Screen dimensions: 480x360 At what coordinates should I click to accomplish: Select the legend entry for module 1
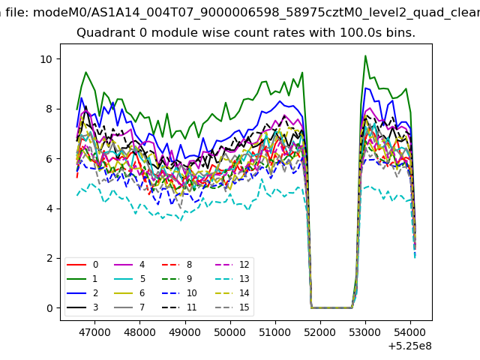82,279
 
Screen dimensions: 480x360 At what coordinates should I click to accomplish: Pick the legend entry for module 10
179,293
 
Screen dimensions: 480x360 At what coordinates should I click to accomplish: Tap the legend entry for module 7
130,307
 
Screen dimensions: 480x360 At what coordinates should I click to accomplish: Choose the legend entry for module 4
130,265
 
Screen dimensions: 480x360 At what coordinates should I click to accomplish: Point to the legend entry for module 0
82,265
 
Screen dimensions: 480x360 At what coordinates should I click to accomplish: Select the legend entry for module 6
130,293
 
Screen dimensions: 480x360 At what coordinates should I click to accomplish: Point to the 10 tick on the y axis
61,59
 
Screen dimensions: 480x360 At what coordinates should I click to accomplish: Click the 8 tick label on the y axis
49,109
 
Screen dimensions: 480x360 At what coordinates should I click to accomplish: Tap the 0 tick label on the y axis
49,308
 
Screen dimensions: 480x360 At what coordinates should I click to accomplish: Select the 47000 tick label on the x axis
94,333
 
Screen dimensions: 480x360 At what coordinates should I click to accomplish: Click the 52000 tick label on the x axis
320,333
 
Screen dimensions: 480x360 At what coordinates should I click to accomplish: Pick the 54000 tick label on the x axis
410,333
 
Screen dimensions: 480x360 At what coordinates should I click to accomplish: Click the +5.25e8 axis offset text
410,346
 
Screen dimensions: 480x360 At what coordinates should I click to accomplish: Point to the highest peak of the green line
365,55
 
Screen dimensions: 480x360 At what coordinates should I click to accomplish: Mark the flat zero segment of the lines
331,307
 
